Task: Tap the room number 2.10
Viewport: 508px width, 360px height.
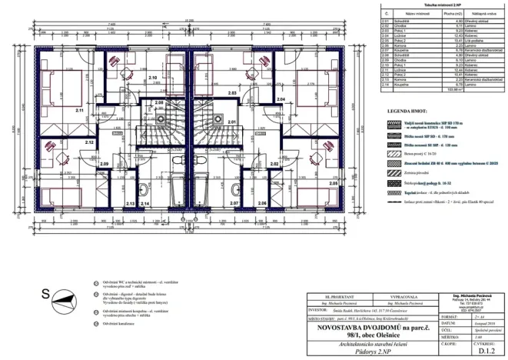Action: (x=152, y=78)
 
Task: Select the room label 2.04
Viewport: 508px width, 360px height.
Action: (x=281, y=100)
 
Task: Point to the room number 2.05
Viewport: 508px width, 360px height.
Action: (x=332, y=183)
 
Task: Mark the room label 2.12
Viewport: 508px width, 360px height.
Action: (x=89, y=142)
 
